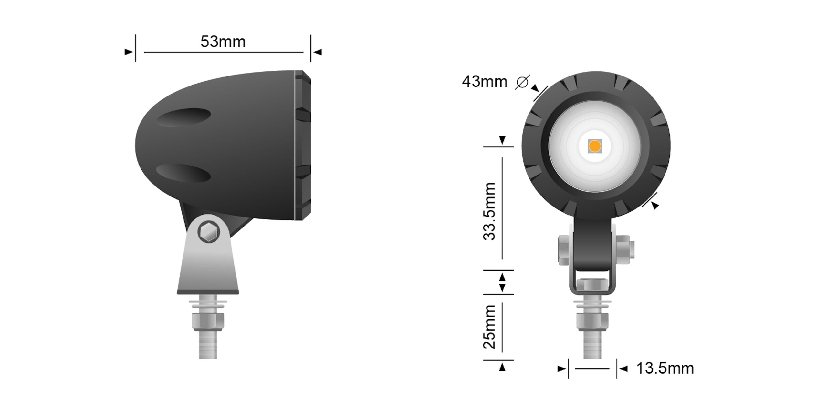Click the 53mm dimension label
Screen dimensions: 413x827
(x=223, y=42)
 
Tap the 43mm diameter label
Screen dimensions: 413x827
(x=484, y=82)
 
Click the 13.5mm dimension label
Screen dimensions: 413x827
(x=665, y=368)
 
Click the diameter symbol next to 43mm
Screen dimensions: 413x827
(x=522, y=82)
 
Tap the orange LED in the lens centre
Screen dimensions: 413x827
(x=594, y=146)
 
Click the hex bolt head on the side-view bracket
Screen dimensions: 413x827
(x=209, y=231)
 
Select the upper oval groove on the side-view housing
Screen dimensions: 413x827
(x=183, y=117)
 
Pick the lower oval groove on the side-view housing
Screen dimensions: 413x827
(x=183, y=173)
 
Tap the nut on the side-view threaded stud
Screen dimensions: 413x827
(x=208, y=321)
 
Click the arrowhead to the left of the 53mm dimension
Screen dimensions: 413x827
(x=129, y=52)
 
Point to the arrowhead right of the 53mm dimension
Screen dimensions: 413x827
(x=318, y=52)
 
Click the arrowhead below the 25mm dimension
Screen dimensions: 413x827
(x=502, y=367)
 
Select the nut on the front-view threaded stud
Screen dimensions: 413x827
(x=592, y=321)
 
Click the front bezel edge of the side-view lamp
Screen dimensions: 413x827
(x=303, y=145)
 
